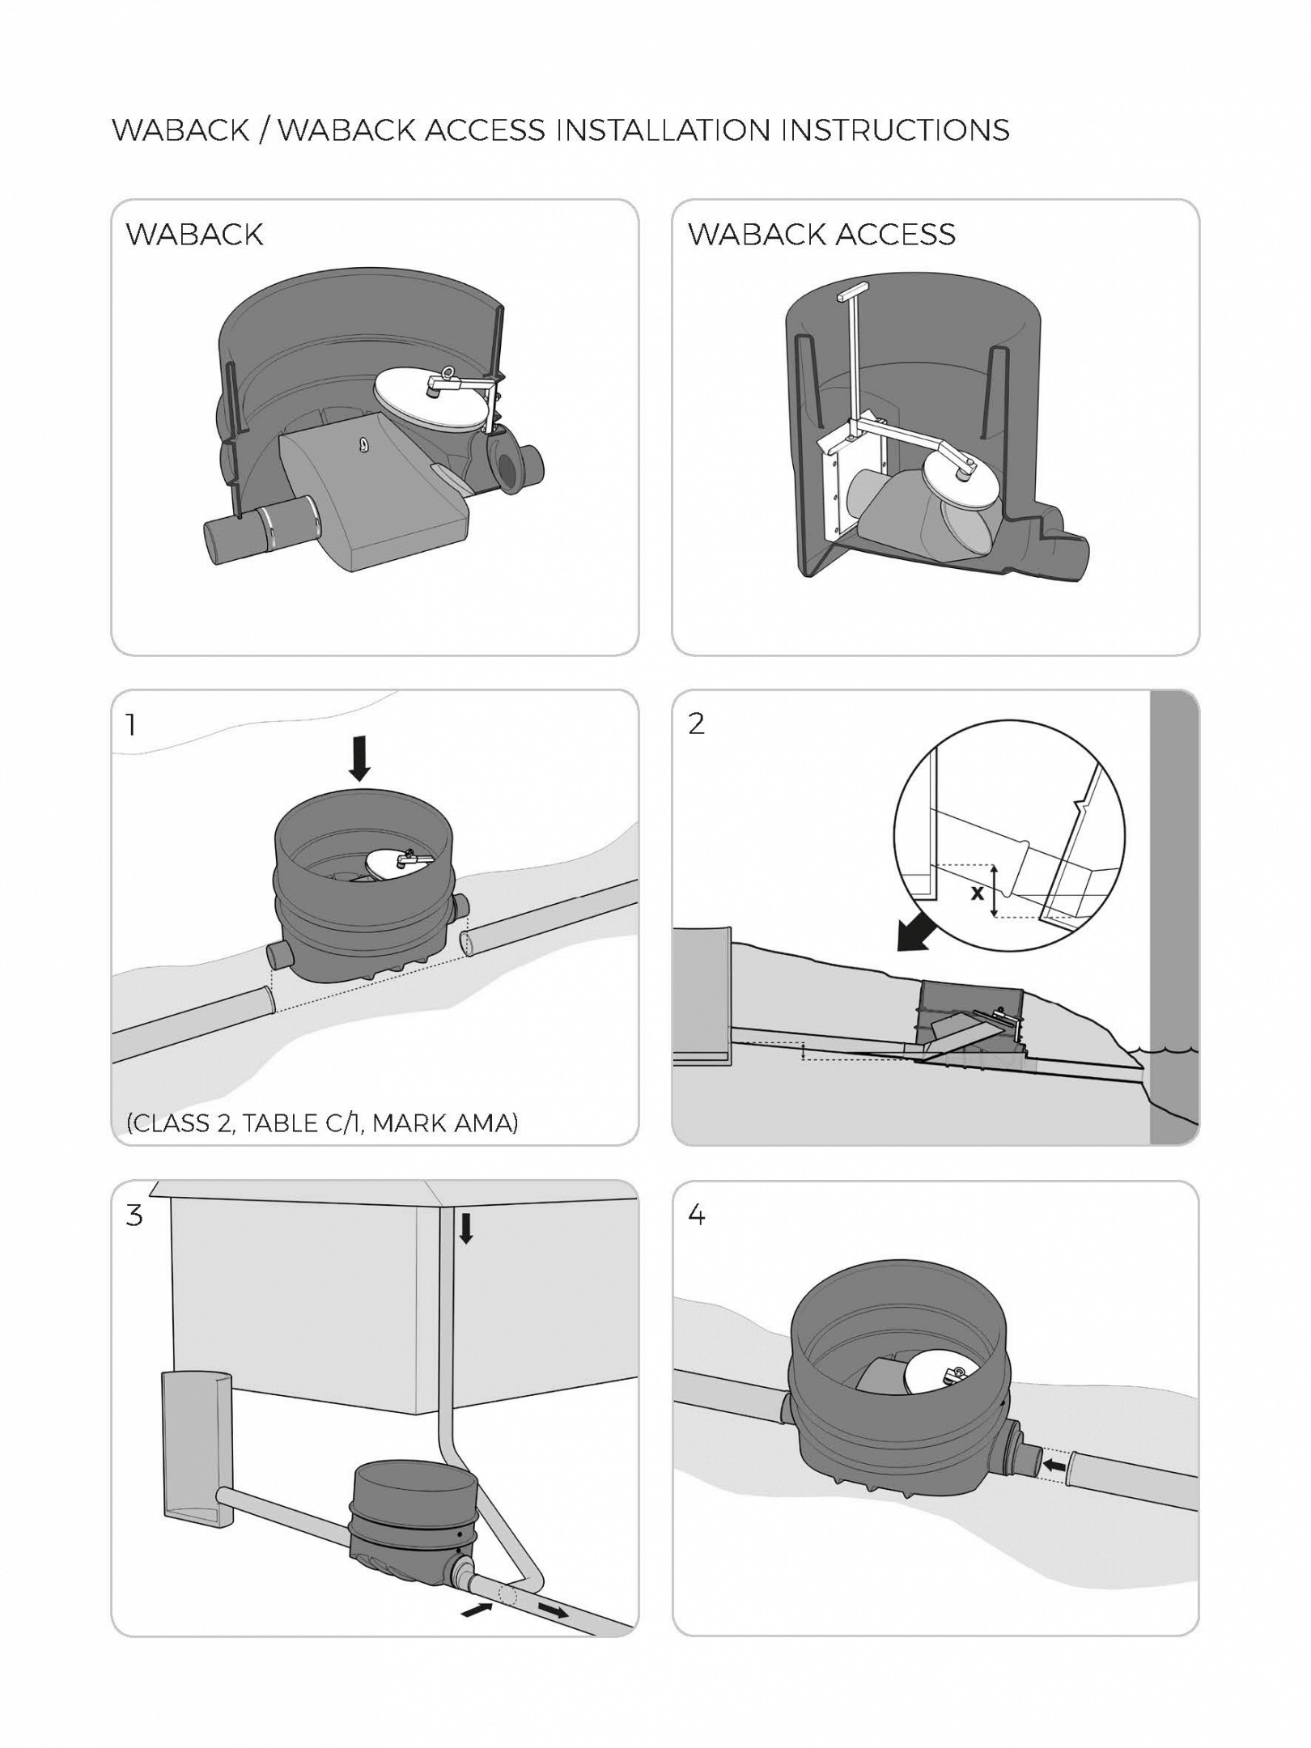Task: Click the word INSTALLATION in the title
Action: tap(664, 130)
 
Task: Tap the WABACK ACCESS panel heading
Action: tap(821, 235)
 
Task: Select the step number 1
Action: tap(131, 724)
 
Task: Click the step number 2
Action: tap(696, 723)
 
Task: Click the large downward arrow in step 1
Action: tap(360, 760)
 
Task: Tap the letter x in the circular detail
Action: tap(978, 893)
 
